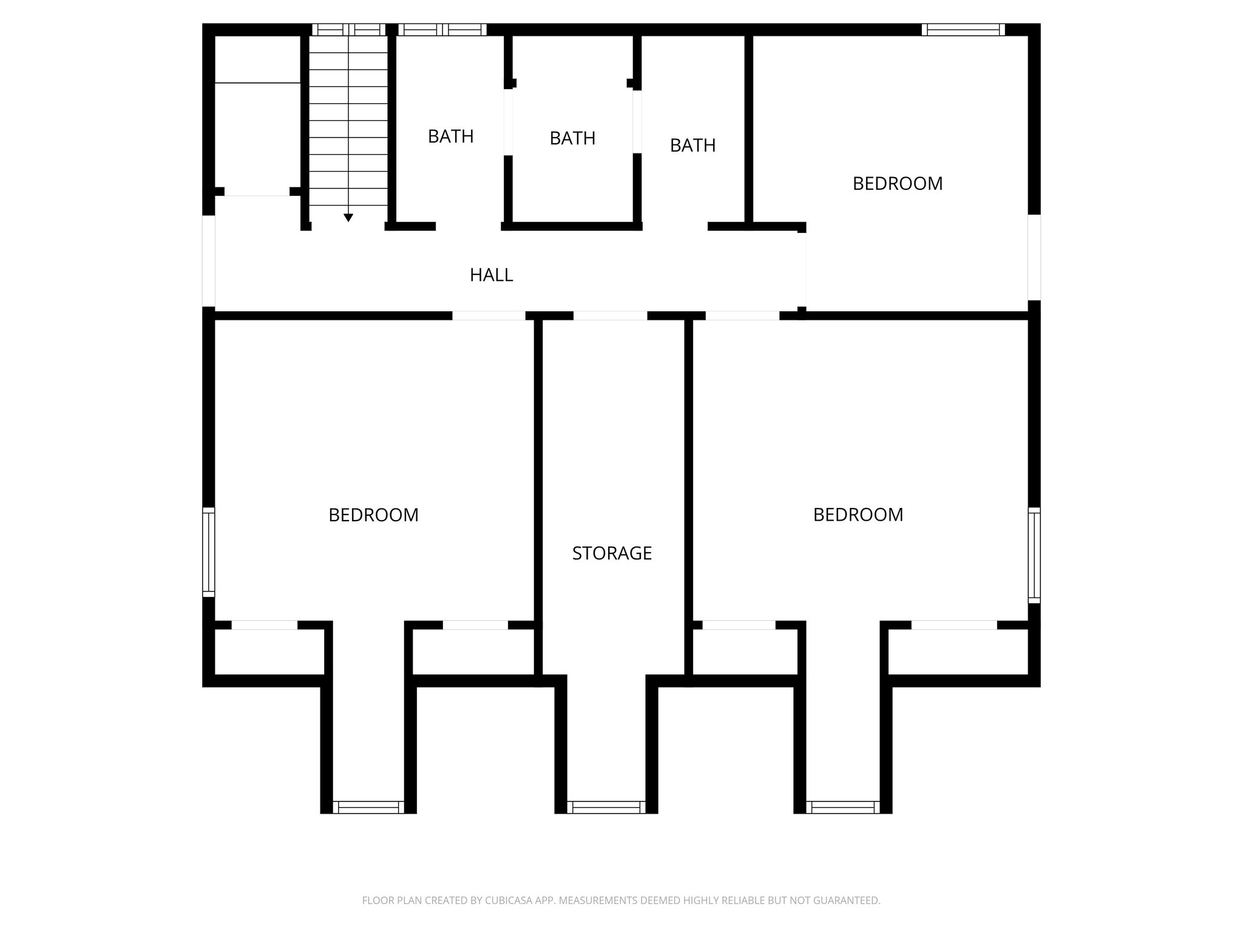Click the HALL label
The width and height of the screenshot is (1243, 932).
coord(491,275)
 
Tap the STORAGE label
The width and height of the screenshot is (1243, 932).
coord(612,553)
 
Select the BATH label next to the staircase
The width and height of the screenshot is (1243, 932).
coord(450,137)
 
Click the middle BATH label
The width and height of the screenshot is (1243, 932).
coord(572,138)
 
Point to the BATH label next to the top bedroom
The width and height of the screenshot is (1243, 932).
coord(693,146)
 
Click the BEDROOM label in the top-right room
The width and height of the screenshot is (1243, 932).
coord(897,183)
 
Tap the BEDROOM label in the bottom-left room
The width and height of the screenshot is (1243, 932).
coord(373,515)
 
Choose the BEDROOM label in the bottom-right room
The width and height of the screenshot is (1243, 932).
coord(858,515)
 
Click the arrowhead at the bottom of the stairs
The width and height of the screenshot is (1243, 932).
coord(348,217)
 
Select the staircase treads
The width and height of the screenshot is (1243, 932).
coord(348,121)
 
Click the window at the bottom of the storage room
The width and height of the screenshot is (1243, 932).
coord(606,807)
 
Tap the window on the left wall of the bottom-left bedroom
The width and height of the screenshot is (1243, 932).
coord(208,552)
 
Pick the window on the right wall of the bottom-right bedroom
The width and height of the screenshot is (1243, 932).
coord(1034,555)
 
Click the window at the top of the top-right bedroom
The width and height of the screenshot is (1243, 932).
coord(963,30)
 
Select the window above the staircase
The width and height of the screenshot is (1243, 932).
coord(348,30)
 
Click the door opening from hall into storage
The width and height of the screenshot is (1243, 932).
coord(610,316)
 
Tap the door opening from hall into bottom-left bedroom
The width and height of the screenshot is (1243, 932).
coord(489,316)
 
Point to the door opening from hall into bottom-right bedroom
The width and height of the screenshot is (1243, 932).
coord(742,316)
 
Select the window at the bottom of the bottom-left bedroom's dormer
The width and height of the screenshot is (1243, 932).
coord(368,807)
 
